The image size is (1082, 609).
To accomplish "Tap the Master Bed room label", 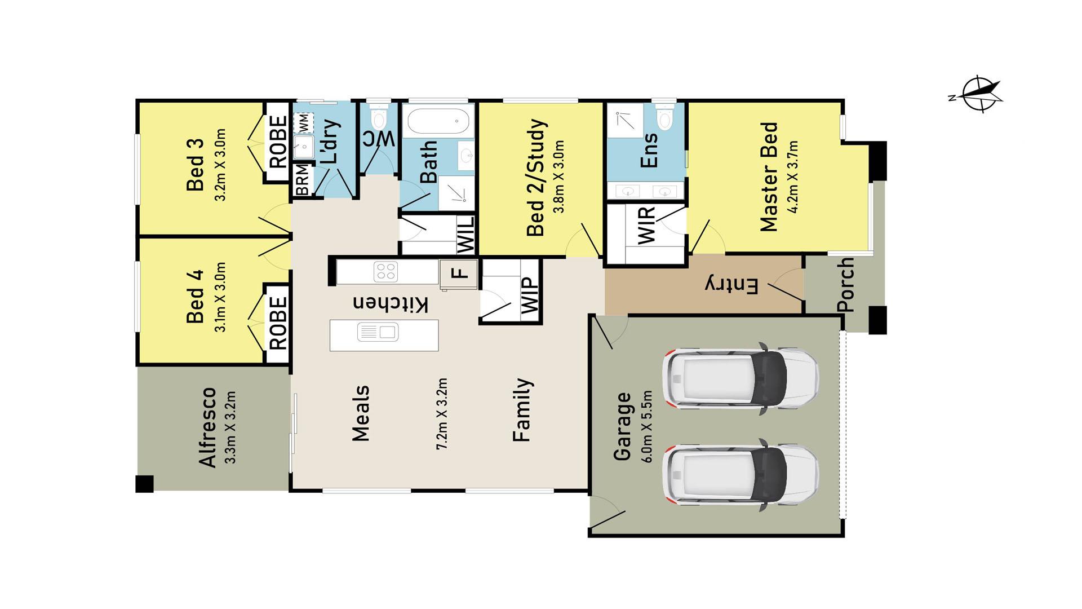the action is point(769,177).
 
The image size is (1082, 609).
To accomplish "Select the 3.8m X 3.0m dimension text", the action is point(560,177).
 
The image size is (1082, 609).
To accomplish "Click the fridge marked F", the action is point(459,275).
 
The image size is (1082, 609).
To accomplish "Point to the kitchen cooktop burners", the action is point(386,272).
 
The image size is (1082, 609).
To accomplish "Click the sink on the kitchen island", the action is point(378,332).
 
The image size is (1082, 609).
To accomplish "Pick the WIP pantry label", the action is point(530,295).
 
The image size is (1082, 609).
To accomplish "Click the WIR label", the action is point(646,225).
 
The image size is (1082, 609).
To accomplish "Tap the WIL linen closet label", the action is point(465,235).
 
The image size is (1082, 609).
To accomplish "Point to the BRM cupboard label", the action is point(302,180).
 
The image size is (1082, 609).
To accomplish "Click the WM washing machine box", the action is point(303,121).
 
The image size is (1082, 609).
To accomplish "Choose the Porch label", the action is point(846,285).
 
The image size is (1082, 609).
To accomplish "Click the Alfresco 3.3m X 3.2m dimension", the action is point(230,427).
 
